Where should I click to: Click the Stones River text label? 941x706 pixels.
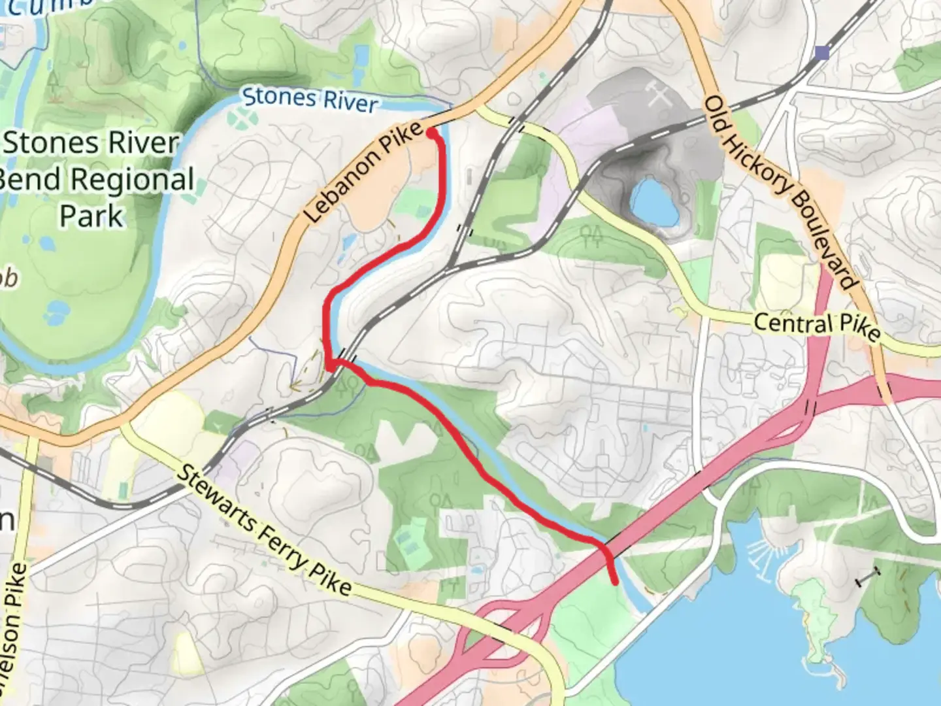click(310, 99)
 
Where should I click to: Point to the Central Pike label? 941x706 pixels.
click(816, 326)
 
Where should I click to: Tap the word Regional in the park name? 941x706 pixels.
click(131, 179)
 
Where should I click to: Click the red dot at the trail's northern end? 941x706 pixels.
click(432, 133)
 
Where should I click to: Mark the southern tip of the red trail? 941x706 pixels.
click(615, 581)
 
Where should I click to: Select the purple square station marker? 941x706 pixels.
click(823, 52)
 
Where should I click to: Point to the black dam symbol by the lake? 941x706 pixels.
click(868, 577)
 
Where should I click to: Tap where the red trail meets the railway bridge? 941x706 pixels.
click(334, 363)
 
